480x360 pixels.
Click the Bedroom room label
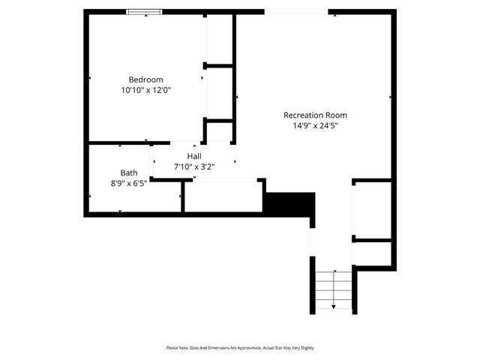click(145, 79)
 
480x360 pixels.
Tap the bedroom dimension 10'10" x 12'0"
click(146, 90)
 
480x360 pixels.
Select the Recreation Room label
click(315, 115)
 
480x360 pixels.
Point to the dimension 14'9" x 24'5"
click(315, 125)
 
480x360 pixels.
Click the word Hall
click(194, 156)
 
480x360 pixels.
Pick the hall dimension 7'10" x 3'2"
click(194, 166)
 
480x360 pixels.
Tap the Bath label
click(129, 172)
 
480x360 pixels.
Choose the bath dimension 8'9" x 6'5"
click(129, 183)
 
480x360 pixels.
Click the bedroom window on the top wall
click(145, 11)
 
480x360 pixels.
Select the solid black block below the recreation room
click(289, 204)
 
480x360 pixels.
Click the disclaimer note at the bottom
click(240, 348)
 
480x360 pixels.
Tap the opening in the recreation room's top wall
click(296, 11)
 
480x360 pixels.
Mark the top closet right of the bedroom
click(220, 39)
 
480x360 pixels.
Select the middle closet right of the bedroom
click(220, 92)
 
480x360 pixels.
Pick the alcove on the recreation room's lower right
click(373, 210)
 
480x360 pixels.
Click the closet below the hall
click(223, 196)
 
